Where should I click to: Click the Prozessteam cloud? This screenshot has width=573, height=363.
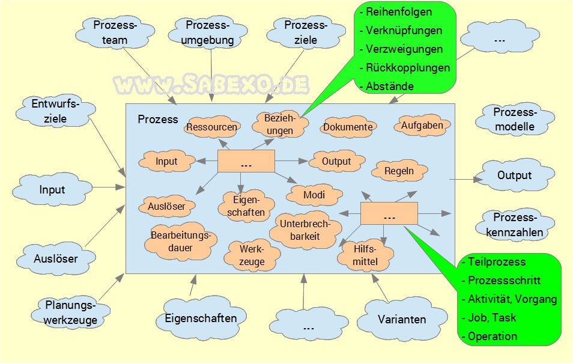point(115,33)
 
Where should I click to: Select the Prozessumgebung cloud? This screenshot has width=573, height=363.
point(208,33)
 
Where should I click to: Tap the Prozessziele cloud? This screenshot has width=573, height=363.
point(305,33)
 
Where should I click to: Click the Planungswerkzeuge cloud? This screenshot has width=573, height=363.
point(70,312)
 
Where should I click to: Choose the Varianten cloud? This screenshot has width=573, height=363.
point(402,319)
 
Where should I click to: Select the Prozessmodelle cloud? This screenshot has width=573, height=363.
point(514,119)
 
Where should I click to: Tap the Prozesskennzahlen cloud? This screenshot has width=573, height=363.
point(514,225)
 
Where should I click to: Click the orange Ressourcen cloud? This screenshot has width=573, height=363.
point(211,127)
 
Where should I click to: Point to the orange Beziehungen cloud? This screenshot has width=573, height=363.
point(280,124)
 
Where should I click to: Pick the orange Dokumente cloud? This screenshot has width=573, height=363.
point(348,127)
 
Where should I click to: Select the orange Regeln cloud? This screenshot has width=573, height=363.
point(399,171)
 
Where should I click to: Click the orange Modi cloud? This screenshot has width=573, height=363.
point(314,195)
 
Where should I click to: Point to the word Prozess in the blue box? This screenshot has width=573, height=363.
point(158,119)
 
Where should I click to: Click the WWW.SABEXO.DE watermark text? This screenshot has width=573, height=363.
point(211,85)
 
